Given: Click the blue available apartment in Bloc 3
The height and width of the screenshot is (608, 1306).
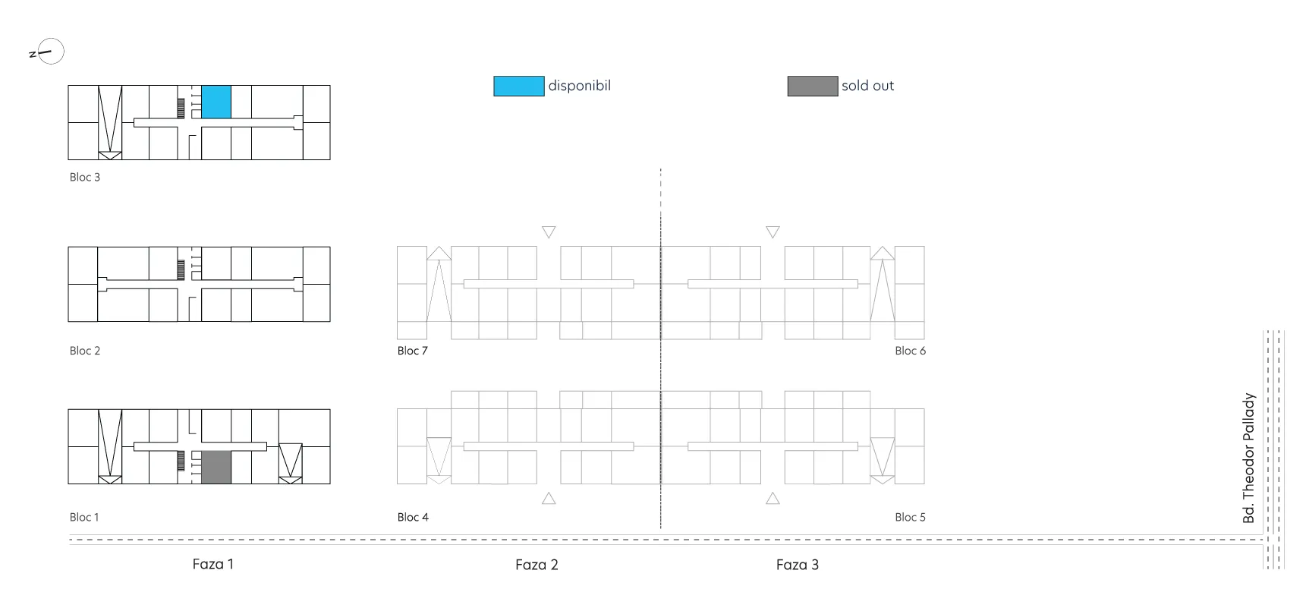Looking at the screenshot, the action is pyautogui.click(x=216, y=102).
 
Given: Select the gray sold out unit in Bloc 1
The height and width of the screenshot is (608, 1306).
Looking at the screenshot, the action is pyautogui.click(x=216, y=467).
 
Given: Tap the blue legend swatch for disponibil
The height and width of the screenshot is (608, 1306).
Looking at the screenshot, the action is pyautogui.click(x=519, y=86).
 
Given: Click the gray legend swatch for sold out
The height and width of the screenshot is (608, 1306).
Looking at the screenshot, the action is pyautogui.click(x=813, y=86).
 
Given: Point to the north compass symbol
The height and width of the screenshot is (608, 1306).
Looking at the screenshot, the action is pyautogui.click(x=47, y=52).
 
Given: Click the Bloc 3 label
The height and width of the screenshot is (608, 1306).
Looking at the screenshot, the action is pyautogui.click(x=85, y=177).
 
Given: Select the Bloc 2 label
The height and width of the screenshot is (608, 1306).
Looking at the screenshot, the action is pyautogui.click(x=85, y=351).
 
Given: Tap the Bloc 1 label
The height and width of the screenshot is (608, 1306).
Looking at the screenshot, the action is pyautogui.click(x=84, y=517).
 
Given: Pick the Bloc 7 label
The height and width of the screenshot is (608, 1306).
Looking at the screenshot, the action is pyautogui.click(x=413, y=351).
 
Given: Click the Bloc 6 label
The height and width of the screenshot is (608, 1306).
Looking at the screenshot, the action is pyautogui.click(x=911, y=351).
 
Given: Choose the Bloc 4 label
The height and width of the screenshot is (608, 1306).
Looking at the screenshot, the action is pyautogui.click(x=413, y=517).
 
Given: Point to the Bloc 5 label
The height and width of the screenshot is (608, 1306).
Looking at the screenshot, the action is pyautogui.click(x=911, y=517).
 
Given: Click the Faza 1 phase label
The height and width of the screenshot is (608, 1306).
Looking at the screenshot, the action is pyautogui.click(x=213, y=564).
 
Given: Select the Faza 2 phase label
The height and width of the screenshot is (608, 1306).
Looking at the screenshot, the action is pyautogui.click(x=537, y=565).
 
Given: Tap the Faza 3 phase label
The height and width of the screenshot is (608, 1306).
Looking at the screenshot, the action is pyautogui.click(x=798, y=565).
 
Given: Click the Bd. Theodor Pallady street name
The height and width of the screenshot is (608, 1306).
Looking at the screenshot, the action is pyautogui.click(x=1249, y=458).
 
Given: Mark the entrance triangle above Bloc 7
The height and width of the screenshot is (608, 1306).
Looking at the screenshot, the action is pyautogui.click(x=549, y=232).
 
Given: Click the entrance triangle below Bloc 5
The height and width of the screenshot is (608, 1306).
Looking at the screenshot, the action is pyautogui.click(x=773, y=498).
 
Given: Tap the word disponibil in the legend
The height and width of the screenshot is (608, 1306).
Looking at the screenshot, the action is pyautogui.click(x=580, y=86).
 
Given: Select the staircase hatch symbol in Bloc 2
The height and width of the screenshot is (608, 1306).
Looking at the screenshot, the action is pyautogui.click(x=181, y=269).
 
